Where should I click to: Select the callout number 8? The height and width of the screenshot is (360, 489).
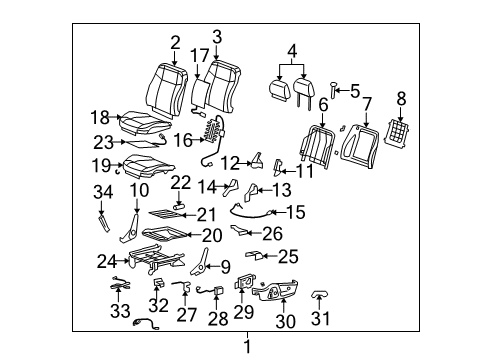(x=403, y=99)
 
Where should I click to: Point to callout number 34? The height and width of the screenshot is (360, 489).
(x=102, y=191)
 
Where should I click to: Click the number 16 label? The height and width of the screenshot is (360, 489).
(x=182, y=141)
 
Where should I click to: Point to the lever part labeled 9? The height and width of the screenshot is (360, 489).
(x=203, y=267)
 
